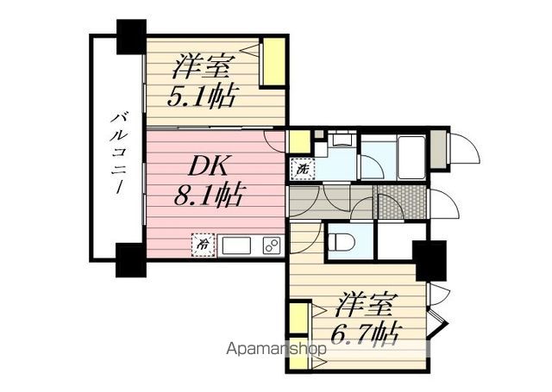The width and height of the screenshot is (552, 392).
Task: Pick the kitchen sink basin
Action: click(x=238, y=245)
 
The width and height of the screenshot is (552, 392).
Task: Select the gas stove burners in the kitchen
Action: click(x=271, y=245)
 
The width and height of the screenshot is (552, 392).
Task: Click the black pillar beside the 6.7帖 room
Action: click(x=429, y=259)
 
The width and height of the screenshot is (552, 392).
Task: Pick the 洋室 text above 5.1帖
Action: click(x=204, y=66)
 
